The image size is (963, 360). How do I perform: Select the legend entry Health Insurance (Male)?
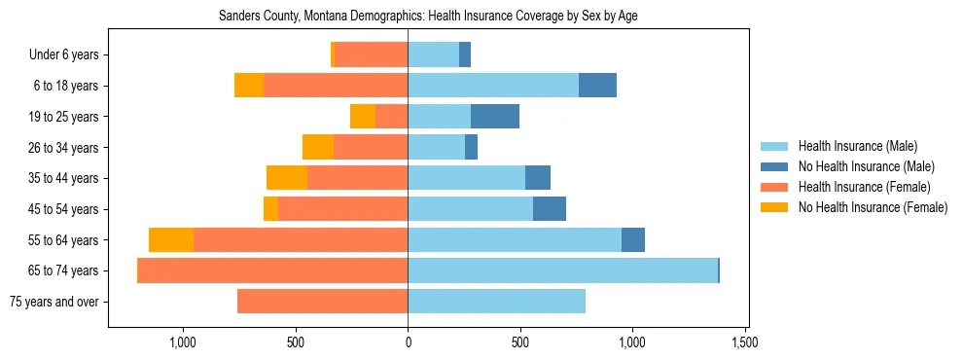pos(856,146)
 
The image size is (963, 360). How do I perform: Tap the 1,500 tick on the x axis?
pos(745,342)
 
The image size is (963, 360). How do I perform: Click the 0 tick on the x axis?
pos(408,342)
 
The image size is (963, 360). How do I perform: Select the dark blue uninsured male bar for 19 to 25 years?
pos(495,117)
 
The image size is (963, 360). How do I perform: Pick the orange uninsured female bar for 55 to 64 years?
pos(171,240)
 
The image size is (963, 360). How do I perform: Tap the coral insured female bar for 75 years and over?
pos(322,302)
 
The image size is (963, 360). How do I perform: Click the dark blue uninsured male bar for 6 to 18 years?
pos(597,86)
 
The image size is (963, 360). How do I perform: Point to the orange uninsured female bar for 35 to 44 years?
pos(287,178)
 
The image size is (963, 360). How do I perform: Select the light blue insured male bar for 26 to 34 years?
pos(436,148)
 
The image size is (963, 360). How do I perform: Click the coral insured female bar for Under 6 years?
pos(371,55)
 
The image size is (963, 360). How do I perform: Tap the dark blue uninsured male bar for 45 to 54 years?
pos(550,209)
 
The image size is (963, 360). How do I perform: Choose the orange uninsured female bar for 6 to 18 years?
pos(249,86)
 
